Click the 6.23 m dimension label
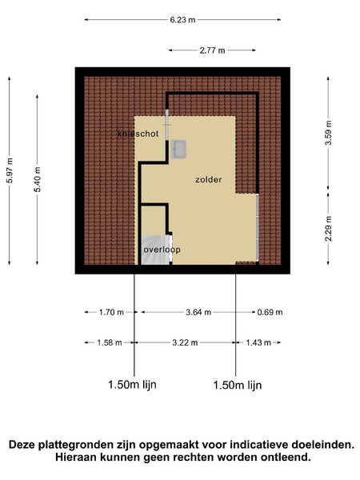182,20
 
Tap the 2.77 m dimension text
212,50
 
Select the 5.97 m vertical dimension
10,170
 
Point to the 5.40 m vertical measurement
38,179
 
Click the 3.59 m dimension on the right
328,133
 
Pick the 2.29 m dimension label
328,228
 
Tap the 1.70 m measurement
111,312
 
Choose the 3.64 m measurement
198,312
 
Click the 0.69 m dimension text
270,312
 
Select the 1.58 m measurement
110,342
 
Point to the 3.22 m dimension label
185,342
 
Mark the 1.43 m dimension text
258,342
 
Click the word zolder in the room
209,180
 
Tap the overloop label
162,250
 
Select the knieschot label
138,134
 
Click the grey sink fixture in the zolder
180,149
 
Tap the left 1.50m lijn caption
132,385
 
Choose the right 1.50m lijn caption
238,385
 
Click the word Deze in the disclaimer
22,445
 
